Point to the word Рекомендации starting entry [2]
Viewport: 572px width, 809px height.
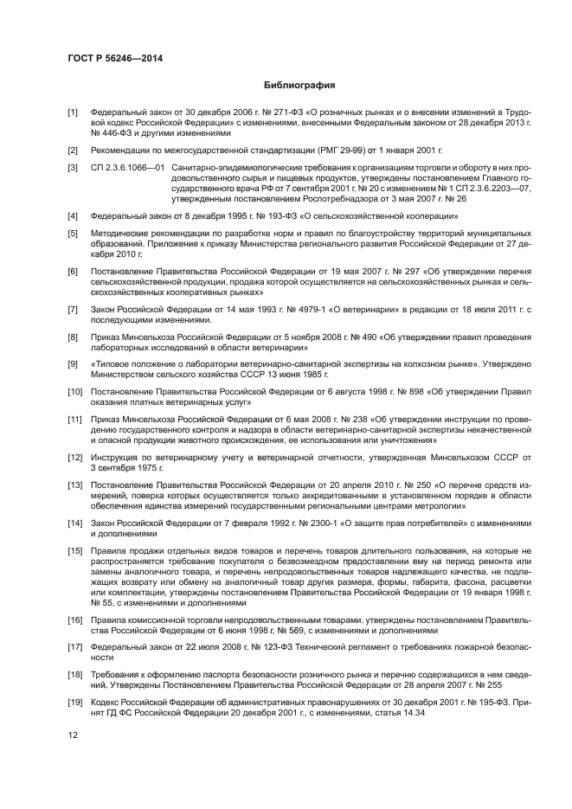click(122, 150)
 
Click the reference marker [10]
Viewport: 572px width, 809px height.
click(75, 392)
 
